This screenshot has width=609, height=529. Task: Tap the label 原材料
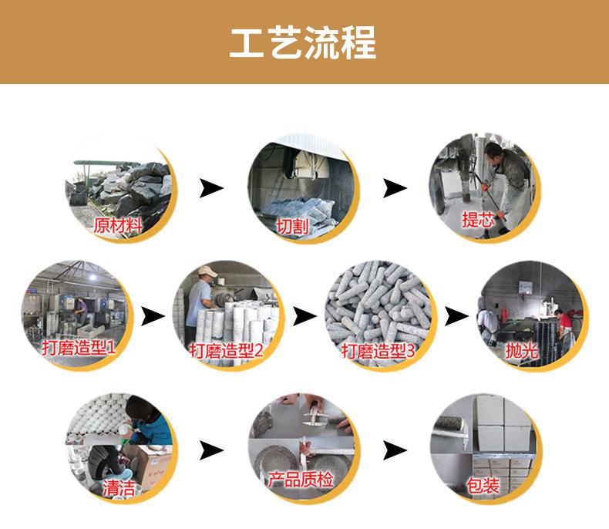118,225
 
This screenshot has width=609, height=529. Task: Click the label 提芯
477,219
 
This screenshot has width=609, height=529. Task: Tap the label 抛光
520,350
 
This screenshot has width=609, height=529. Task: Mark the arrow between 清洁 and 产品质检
211,450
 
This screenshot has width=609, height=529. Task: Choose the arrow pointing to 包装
395,450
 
